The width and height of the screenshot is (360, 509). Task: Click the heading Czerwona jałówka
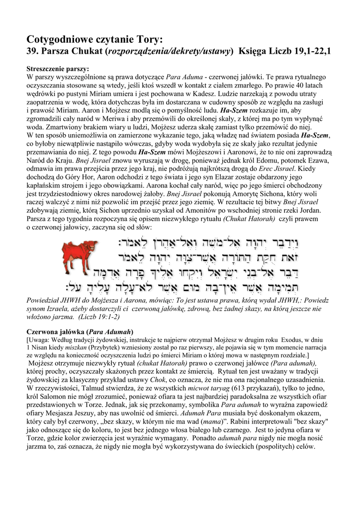click(56, 332)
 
